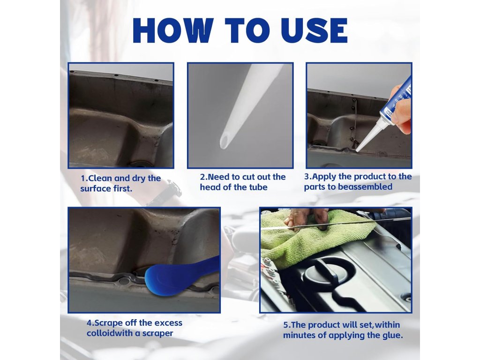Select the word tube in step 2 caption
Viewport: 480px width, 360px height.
coord(258,187)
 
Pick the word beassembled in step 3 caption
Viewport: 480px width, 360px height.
coord(364,187)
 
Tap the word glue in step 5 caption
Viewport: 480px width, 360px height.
coord(392,335)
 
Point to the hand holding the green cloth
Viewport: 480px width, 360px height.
coord(306,218)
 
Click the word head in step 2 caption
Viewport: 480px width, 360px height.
coord(210,187)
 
